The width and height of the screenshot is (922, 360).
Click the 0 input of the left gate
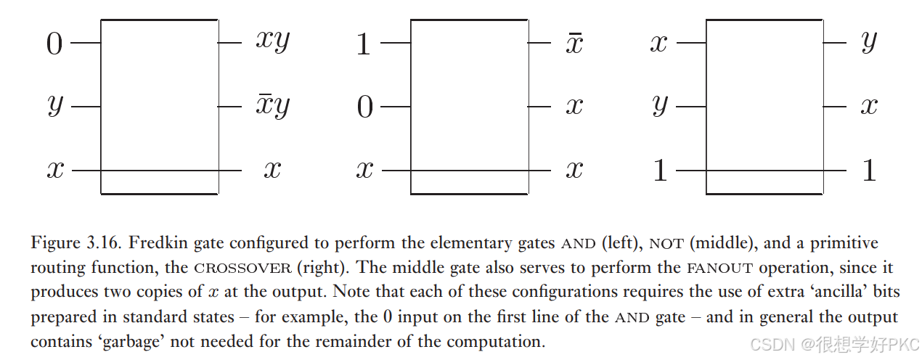tap(54, 44)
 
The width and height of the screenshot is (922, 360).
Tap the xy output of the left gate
tap(272, 41)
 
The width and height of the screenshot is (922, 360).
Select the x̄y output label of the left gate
tap(272, 106)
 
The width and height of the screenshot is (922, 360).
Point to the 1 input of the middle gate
tap(364, 45)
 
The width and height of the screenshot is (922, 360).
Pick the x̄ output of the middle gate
tap(574, 42)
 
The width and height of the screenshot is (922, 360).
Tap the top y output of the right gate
tap(869, 42)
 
